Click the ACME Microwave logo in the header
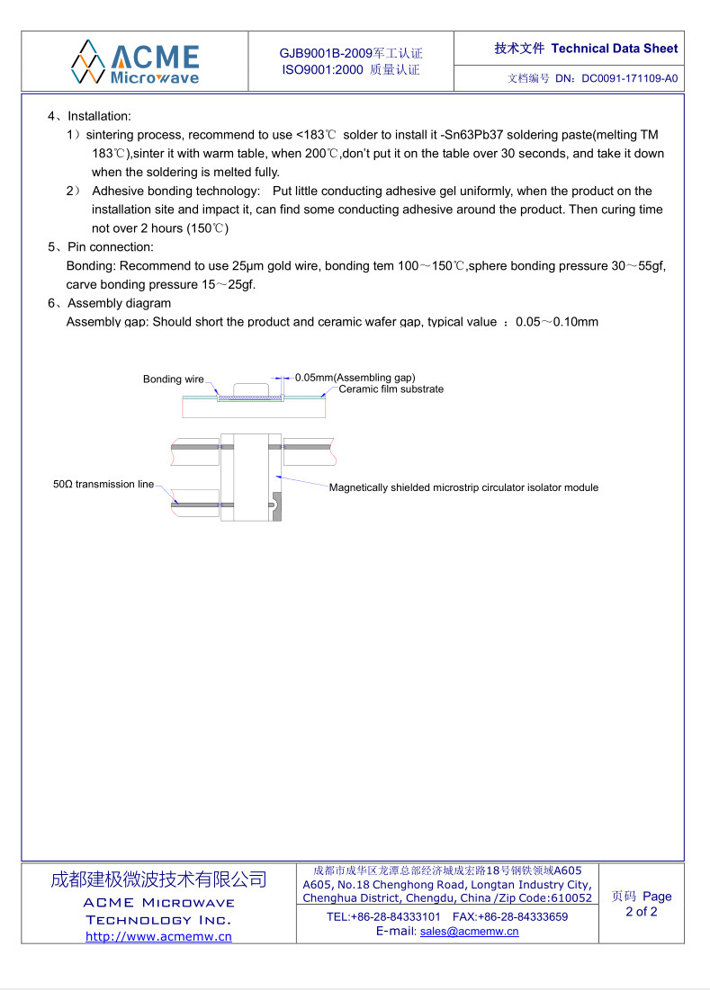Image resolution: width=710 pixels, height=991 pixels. [x=135, y=61]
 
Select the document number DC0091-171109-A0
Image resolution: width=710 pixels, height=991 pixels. [x=630, y=79]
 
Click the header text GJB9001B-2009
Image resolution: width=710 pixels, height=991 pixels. [x=320, y=54]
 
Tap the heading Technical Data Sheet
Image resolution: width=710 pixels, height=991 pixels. [x=615, y=49]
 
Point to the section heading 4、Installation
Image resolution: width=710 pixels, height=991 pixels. [x=89, y=116]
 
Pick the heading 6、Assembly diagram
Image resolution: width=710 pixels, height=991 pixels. [x=109, y=303]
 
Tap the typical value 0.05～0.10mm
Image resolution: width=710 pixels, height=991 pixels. [x=556, y=322]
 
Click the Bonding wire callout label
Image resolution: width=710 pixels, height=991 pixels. [x=174, y=379]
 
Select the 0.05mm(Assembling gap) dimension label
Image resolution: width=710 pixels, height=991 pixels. [x=355, y=378]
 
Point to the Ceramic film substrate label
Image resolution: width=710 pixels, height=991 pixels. [x=391, y=389]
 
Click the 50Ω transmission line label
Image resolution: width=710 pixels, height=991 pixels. [x=103, y=485]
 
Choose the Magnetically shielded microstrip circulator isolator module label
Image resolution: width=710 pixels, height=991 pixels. [x=463, y=487]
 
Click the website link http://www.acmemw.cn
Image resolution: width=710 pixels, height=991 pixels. [x=158, y=936]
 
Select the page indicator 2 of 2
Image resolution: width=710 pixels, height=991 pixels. [x=642, y=912]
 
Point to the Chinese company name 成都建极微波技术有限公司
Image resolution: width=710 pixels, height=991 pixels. [x=158, y=879]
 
